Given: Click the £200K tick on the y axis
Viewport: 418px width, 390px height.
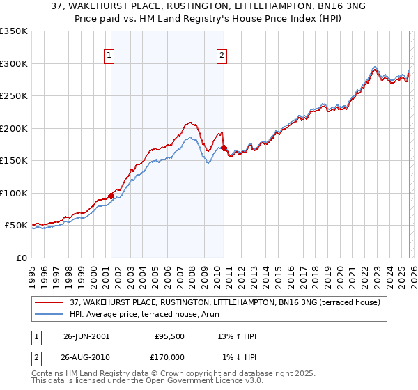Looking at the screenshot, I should point(14,128).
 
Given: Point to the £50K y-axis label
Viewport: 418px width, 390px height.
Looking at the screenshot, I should point(16,226).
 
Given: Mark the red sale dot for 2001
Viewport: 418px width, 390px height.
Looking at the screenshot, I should point(111,196).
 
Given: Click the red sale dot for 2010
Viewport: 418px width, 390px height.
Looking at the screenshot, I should point(224,148).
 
